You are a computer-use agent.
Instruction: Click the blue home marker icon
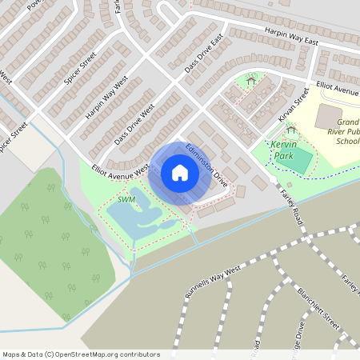(180, 173)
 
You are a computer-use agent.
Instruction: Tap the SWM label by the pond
(126, 199)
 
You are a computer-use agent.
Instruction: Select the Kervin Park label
(283, 149)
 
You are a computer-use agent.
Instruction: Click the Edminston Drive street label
(206, 166)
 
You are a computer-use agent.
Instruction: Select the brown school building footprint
(330, 117)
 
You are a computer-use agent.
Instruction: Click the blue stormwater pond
(136, 216)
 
